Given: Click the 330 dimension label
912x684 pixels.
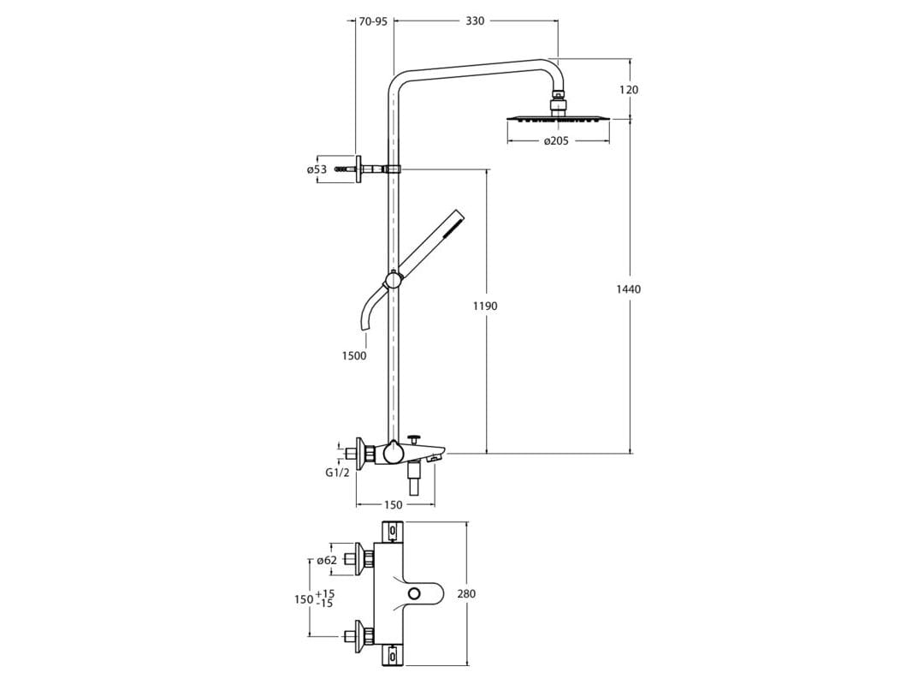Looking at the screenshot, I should [475, 21].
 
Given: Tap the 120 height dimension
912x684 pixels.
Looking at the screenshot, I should [629, 89].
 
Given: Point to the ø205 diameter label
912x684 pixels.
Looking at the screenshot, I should [556, 140].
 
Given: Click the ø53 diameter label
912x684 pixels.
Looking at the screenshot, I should [317, 170].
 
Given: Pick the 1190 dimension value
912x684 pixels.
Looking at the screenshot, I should [485, 306].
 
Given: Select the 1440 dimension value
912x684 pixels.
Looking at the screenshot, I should [629, 289].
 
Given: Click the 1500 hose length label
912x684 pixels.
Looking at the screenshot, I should [353, 355].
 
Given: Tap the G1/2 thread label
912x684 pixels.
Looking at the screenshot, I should [337, 473].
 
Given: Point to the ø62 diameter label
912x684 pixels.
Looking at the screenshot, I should [326, 561].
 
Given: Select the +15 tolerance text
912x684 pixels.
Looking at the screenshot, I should [325, 593].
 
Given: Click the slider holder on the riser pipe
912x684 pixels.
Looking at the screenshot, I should [393, 279].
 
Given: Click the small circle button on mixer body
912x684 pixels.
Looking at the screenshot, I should [416, 594].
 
